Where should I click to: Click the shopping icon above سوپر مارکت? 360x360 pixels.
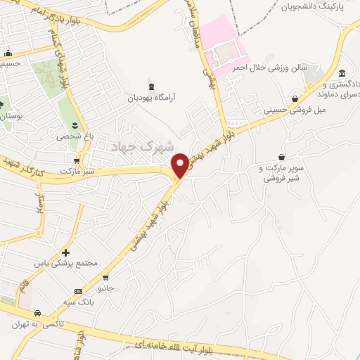tap(282, 156)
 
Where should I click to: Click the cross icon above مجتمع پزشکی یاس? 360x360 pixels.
tap(65, 252)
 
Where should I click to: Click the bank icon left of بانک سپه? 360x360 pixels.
tap(78, 291)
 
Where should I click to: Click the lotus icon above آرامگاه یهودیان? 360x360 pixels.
tap(149, 84)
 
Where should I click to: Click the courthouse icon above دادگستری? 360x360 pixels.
tap(342, 74)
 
